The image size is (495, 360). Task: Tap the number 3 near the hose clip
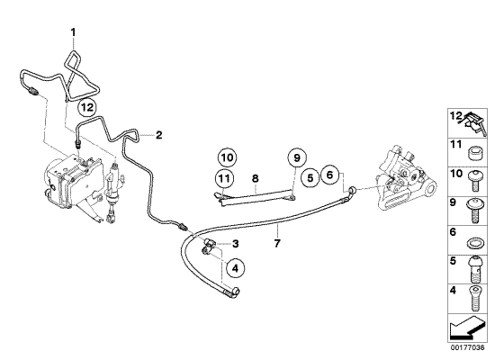[x=235, y=244]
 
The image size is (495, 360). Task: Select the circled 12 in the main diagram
[x=87, y=107]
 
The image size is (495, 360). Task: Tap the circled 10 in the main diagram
[x=227, y=157]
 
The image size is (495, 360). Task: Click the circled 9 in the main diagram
[x=294, y=158]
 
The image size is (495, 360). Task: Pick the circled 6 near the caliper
[x=330, y=177]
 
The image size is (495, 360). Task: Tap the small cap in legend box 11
[x=472, y=149]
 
